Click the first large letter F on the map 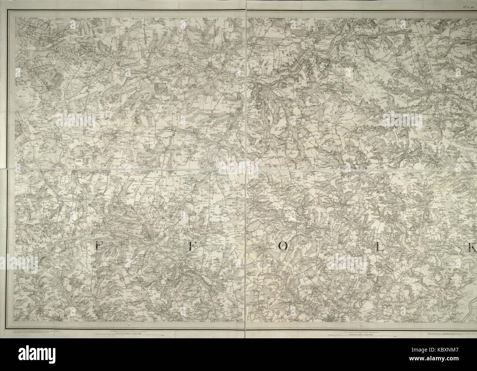tap(98, 247)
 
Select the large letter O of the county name tap(284, 248)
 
